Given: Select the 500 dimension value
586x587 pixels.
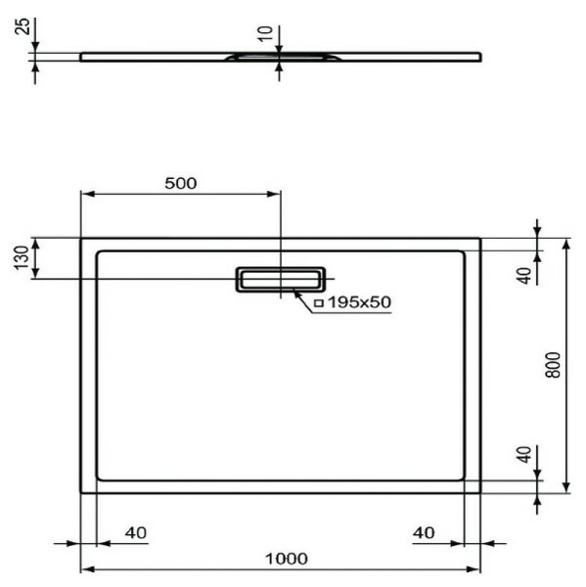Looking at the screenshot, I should pos(180,183).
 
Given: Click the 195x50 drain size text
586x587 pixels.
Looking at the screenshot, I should pos(359,303).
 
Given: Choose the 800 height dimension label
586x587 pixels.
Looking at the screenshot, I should pos(554,365).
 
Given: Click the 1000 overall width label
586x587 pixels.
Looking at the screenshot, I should pos(286,558).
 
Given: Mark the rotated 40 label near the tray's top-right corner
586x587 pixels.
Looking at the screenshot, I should pos(524,275).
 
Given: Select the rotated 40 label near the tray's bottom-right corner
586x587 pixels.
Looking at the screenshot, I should pos(524,455).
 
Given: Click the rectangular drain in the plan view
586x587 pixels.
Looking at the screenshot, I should pos(281,280).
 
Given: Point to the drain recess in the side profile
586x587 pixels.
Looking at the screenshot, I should pos(281,58).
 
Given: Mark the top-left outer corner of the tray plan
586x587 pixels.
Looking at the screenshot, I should pos(81,238).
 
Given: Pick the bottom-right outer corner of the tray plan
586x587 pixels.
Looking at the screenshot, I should pos(479,491).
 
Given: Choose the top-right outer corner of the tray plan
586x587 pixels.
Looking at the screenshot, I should pos(479,238).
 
